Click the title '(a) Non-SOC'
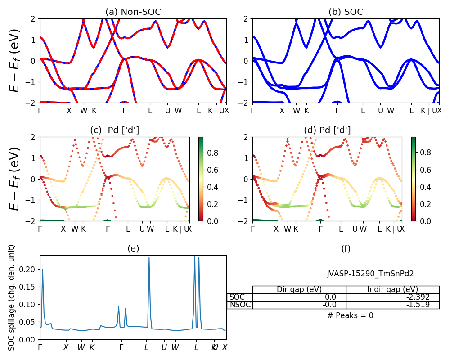pos(133,12)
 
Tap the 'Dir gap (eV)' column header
pos(299,289)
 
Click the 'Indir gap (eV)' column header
pos(392,289)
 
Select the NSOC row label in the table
pos(240,305)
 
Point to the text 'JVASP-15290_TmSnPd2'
pos(370,273)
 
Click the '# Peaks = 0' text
pos(350,315)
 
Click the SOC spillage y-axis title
pos(12,297)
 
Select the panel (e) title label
pos(133,248)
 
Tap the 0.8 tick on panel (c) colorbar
pos(213,153)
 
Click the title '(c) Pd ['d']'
pos(114,130)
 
